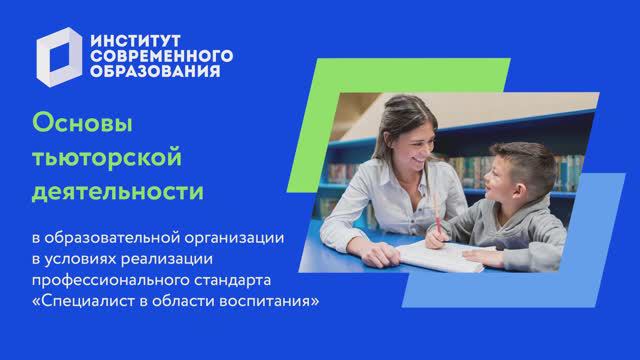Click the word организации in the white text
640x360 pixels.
(244, 237)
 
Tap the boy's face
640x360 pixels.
(495, 180)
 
